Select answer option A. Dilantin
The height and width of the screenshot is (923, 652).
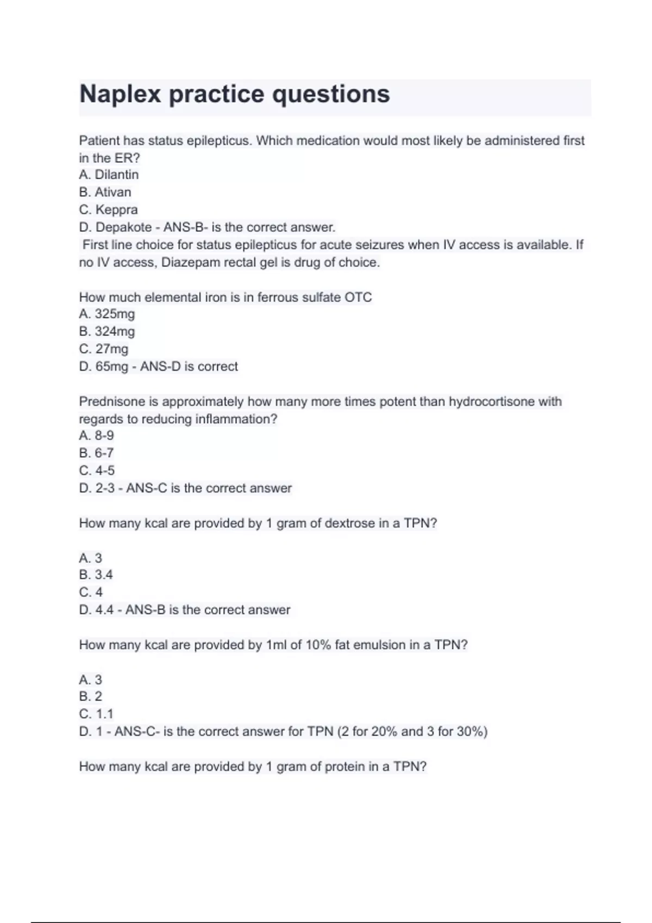pos(109,175)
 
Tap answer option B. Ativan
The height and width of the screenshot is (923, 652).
pos(105,192)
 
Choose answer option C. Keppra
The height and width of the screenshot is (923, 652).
pos(108,210)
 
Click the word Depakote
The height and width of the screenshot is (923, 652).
pos(123,227)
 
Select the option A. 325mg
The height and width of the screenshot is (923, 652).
pos(106,314)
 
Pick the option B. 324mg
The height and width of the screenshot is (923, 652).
pos(106,331)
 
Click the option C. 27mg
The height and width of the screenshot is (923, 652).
pos(103,349)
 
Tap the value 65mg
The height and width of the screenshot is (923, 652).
pos(112,366)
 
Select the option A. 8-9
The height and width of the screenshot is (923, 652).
pos(96,435)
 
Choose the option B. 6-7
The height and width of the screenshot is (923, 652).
pos(96,453)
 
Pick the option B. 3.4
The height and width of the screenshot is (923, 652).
pos(96,574)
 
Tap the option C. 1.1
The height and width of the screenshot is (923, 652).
pos(96,714)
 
